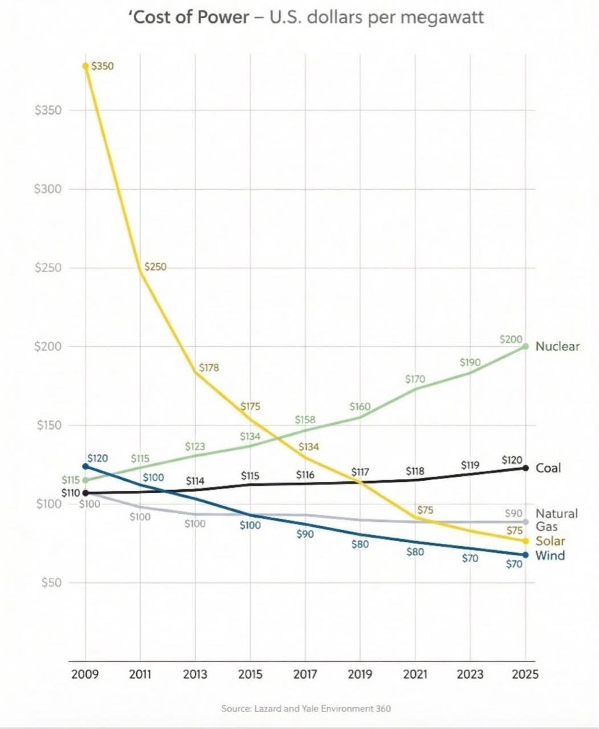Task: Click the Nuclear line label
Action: pyautogui.click(x=557, y=346)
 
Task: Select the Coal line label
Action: pyautogui.click(x=548, y=468)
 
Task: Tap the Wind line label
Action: pyautogui.click(x=550, y=555)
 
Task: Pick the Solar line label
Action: pyautogui.click(x=550, y=541)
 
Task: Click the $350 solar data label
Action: pyautogui.click(x=103, y=66)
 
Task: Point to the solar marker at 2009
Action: pyautogui.click(x=86, y=66)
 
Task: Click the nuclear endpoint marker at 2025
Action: pyautogui.click(x=525, y=346)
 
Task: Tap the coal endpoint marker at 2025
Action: pyautogui.click(x=525, y=468)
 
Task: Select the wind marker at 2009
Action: pyautogui.click(x=86, y=466)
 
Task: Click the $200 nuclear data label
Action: pyautogui.click(x=511, y=339)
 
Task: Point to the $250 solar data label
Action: pyautogui.click(x=155, y=267)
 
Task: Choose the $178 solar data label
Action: pyautogui.click(x=209, y=367)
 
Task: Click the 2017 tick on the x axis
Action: pyautogui.click(x=305, y=675)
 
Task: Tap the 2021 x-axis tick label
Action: pyautogui.click(x=415, y=675)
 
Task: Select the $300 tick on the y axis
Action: pyautogui.click(x=48, y=189)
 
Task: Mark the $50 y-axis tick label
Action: pyautogui.click(x=51, y=583)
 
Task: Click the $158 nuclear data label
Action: pyautogui.click(x=305, y=420)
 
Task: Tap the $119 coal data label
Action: pyautogui.click(x=470, y=465)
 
